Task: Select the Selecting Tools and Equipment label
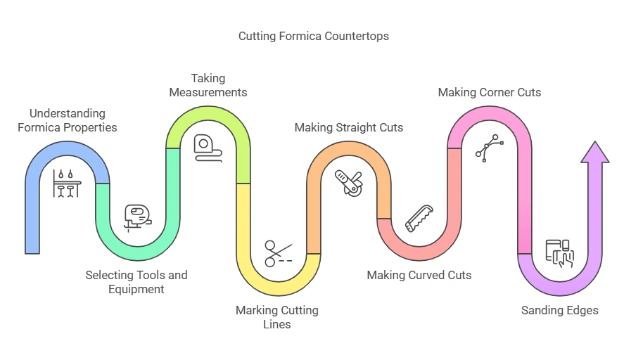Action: pos(136,282)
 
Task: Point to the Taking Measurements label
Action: pos(219,85)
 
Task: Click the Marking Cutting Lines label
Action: pos(276,317)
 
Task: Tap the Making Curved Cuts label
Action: pos(419,275)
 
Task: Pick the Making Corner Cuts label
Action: pos(490,92)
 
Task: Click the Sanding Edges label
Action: pos(560,310)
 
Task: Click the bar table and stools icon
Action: pos(68,184)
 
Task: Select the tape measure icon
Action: pos(208,148)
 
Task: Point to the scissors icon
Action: pos(279,252)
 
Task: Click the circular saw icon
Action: pos(349,182)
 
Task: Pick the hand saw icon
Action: pos(419,217)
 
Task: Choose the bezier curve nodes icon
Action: pos(490,148)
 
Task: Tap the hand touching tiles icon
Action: pos(560,252)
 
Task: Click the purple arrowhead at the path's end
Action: pos(595,154)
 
